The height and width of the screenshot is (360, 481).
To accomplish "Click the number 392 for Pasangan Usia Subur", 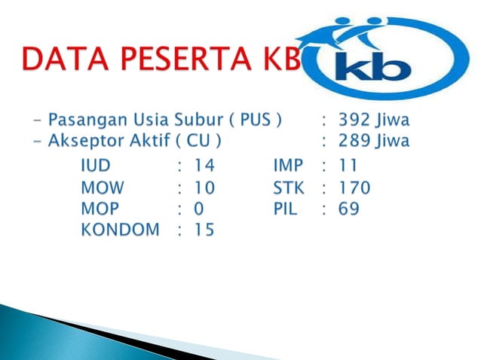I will (x=354, y=119).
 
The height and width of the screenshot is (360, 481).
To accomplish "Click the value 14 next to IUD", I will (x=204, y=165).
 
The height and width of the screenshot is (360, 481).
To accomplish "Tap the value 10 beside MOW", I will (x=204, y=187).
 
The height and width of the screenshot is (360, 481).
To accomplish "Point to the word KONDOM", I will (x=121, y=230).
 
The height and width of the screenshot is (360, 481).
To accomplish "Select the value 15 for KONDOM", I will (x=204, y=230).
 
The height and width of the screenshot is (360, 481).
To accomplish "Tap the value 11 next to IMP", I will (x=348, y=165).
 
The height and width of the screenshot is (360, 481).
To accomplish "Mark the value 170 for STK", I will (x=354, y=187).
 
